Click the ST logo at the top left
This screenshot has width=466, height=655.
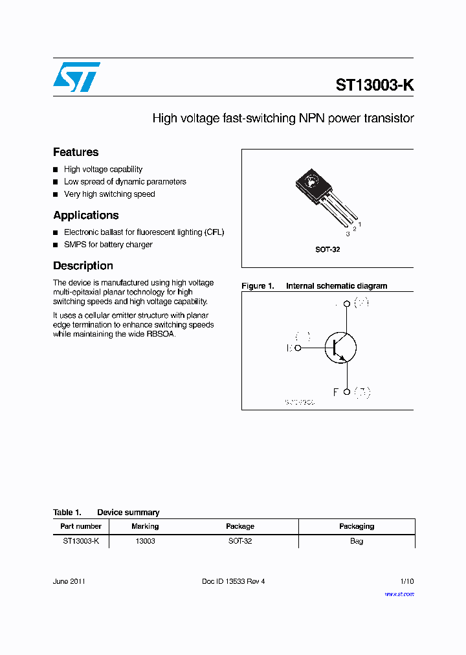tap(76, 77)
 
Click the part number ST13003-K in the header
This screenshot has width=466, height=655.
tap(374, 85)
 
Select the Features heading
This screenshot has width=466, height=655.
tap(76, 152)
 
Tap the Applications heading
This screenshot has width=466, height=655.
tap(85, 215)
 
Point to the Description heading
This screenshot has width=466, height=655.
tap(83, 265)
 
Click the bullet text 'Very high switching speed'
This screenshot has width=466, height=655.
tap(109, 194)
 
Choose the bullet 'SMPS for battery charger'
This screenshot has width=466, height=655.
tap(108, 245)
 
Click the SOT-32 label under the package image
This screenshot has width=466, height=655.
tap(327, 249)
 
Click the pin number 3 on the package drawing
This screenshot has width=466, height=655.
tap(348, 234)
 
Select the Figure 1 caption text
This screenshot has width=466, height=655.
tap(315, 286)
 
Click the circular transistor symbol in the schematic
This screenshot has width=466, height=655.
tap(340, 348)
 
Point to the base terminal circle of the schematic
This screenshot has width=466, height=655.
tap(298, 348)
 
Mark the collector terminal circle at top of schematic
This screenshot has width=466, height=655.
tap(347, 304)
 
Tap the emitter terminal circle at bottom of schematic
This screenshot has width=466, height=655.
tap(347, 392)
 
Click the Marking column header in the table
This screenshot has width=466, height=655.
tap(145, 526)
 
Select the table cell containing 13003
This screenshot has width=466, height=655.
tap(145, 540)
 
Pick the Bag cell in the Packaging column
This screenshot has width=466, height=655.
tap(356, 540)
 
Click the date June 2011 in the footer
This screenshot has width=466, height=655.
tap(69, 581)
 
